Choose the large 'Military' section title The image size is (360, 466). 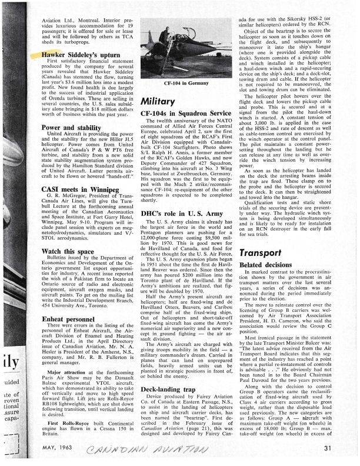tap(159, 101)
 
